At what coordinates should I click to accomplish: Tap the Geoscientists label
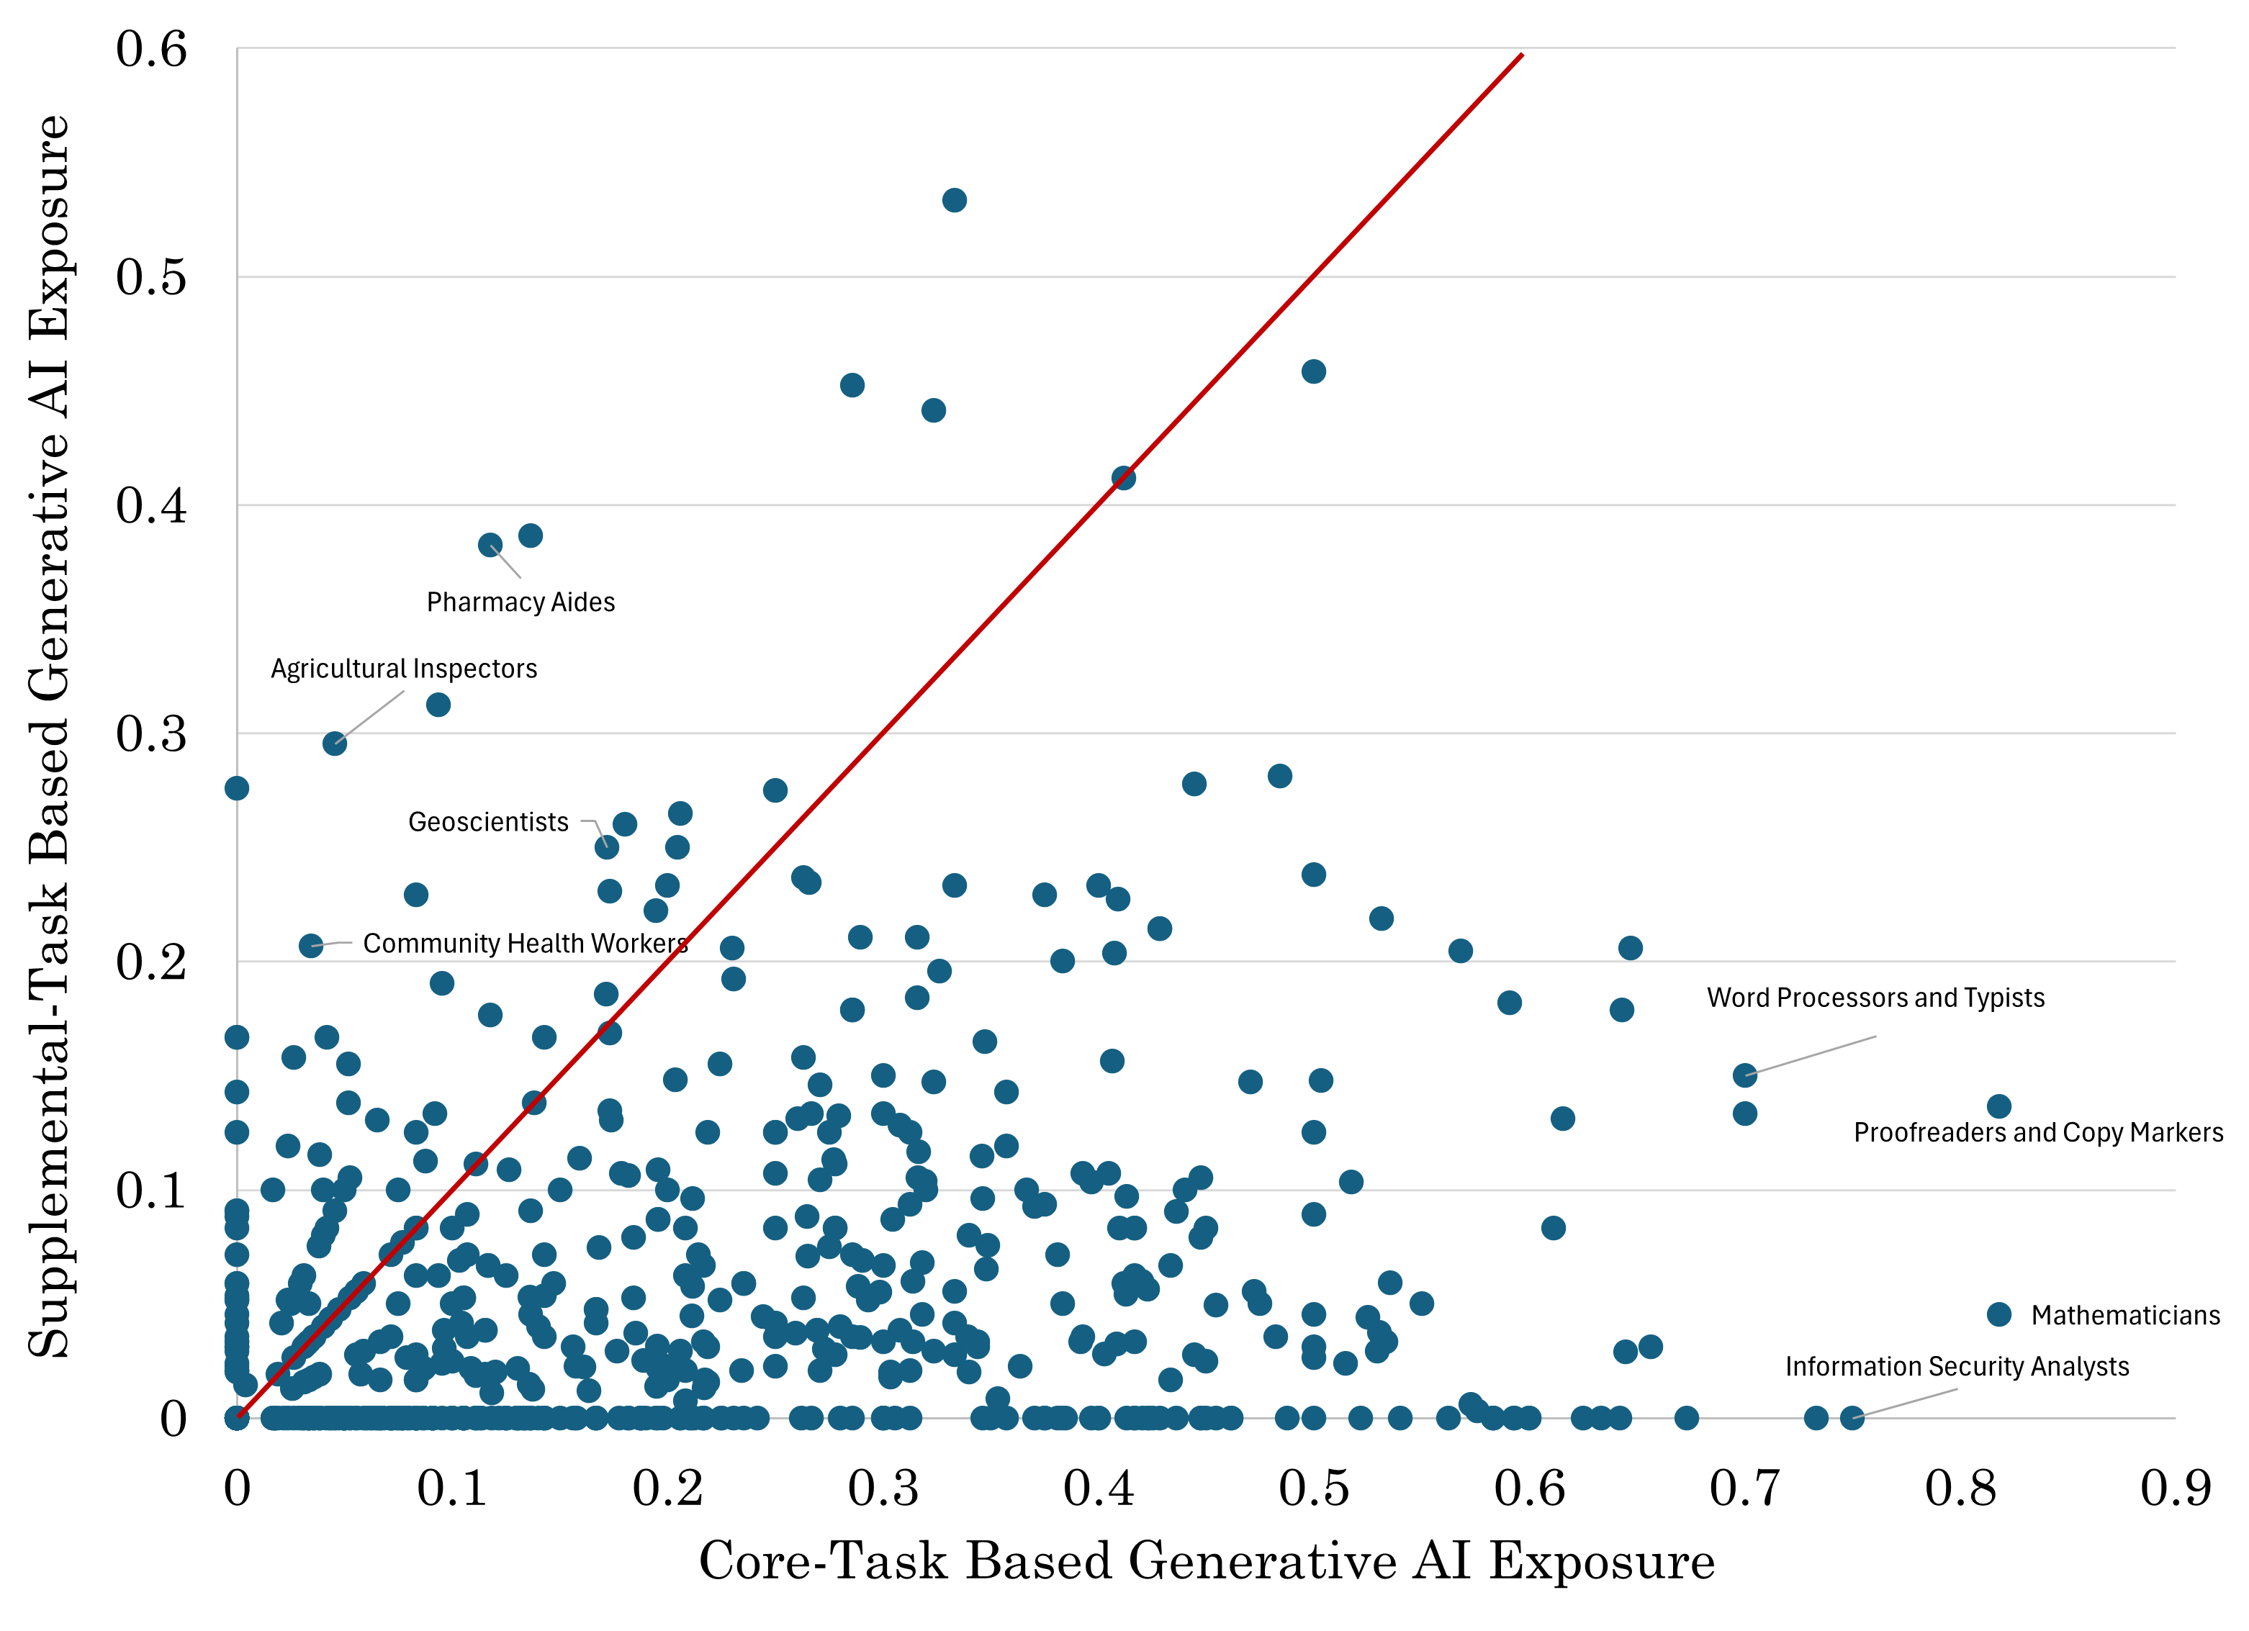[x=488, y=823]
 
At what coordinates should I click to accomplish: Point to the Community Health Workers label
[x=526, y=944]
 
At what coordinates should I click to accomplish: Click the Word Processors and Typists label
[x=1875, y=998]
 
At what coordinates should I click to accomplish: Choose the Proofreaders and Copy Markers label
[x=2038, y=1133]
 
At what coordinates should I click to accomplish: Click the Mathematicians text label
[x=2125, y=1316]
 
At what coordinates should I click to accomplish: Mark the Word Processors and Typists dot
[x=1744, y=1075]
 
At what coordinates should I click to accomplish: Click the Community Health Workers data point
[x=310, y=946]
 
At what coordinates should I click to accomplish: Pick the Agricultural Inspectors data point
[x=334, y=744]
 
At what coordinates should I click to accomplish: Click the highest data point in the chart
[x=954, y=200]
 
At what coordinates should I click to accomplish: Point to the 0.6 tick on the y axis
[x=150, y=48]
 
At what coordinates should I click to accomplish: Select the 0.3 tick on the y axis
[x=150, y=733]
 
